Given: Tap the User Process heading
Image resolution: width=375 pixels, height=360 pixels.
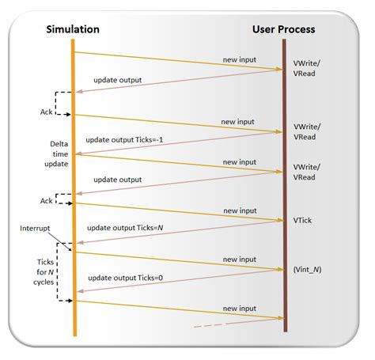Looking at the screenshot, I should click(283, 29).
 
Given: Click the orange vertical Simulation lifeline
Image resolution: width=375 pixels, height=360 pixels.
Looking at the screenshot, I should click(74, 190).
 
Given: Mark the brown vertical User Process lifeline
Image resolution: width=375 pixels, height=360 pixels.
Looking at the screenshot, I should click(285, 190).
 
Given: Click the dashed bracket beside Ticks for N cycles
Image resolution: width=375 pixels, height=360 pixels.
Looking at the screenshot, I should click(62, 271).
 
